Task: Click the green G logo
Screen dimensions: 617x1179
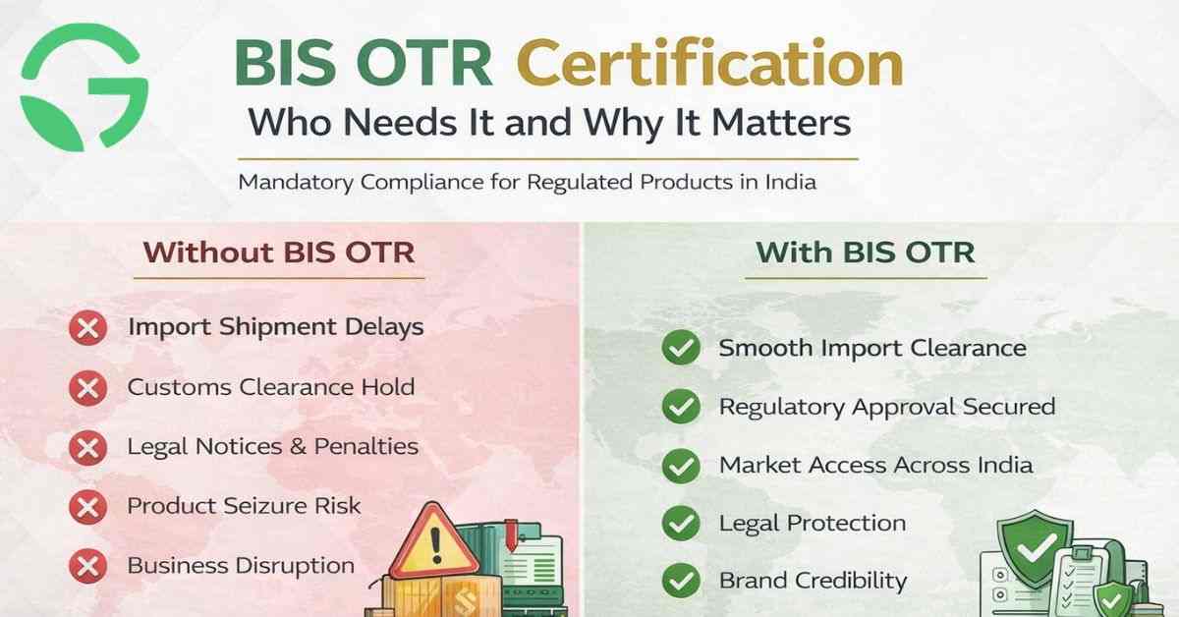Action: pos(84,86)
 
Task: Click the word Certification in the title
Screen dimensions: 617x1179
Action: pos(709,65)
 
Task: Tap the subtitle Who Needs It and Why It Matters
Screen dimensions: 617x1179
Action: pos(549,125)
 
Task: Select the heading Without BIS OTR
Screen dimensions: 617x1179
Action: pos(279,252)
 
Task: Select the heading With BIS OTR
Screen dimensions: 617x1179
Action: pos(865,252)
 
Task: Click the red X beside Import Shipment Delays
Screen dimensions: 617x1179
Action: pos(88,328)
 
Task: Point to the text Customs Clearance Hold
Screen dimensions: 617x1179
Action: pos(271,387)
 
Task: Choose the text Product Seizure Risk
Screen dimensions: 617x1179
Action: pos(245,506)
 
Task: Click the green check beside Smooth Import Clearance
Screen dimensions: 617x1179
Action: pos(680,348)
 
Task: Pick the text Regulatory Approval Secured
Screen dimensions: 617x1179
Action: pos(887,407)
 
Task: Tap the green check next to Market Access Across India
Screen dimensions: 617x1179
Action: pos(680,466)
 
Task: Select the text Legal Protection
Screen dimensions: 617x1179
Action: pos(813,523)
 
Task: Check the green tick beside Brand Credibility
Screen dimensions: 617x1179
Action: pos(680,581)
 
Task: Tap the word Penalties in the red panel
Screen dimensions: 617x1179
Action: pos(366,447)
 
